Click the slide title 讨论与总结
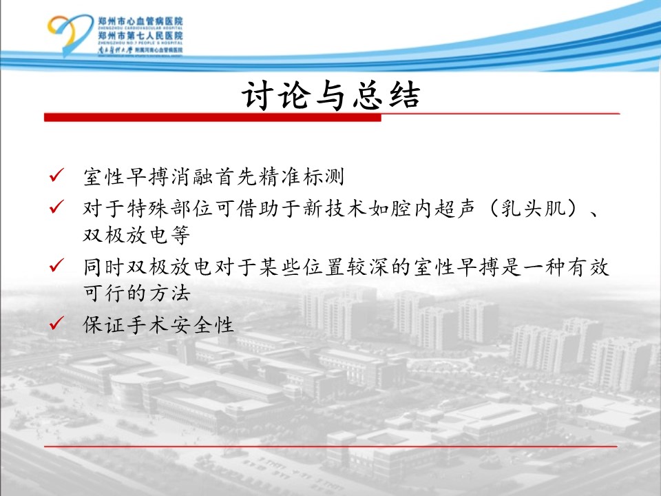(x=331, y=96)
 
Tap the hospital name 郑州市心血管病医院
(x=140, y=21)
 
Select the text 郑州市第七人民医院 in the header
(x=140, y=35)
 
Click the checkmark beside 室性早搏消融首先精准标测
(x=56, y=174)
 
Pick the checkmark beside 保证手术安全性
(x=56, y=323)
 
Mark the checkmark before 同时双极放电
(x=56, y=265)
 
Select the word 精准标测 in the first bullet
(x=302, y=177)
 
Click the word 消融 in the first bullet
(x=193, y=177)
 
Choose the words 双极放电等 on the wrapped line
(x=136, y=235)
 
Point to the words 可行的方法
(x=136, y=293)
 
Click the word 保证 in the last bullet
(x=104, y=325)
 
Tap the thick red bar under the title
(x=213, y=117)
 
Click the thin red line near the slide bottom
(x=330, y=446)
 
